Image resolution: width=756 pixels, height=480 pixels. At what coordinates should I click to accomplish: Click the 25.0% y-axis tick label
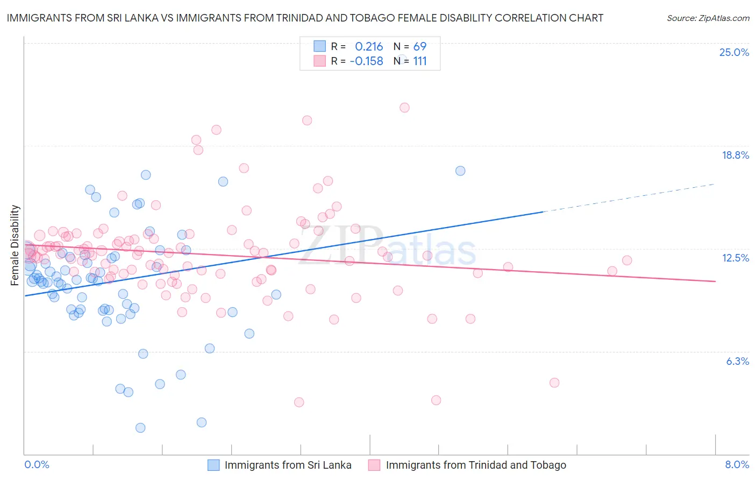pyautogui.click(x=734, y=52)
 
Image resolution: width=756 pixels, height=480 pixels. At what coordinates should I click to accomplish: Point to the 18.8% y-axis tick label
pyautogui.click(x=735, y=155)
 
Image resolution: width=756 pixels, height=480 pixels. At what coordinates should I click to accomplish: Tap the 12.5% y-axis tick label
pyautogui.click(x=735, y=258)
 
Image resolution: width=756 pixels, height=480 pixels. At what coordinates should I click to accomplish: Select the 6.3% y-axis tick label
pyautogui.click(x=737, y=361)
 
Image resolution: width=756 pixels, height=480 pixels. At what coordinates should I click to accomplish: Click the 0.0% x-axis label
pyautogui.click(x=37, y=465)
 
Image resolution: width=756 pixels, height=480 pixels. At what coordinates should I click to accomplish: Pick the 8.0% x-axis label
pyautogui.click(x=737, y=465)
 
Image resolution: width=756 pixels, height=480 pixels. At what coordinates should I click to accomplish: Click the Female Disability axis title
pyautogui.click(x=15, y=245)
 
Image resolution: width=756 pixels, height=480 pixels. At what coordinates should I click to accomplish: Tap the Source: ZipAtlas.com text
pyautogui.click(x=708, y=18)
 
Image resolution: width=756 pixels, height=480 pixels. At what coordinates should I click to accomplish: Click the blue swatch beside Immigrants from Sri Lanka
pyautogui.click(x=213, y=465)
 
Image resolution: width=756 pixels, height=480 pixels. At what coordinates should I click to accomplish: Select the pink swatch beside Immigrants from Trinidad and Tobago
pyautogui.click(x=374, y=465)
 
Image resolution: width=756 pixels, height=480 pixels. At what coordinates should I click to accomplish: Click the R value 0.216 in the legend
pyautogui.click(x=369, y=46)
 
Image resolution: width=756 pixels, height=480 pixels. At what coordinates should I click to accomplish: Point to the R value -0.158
pyautogui.click(x=366, y=61)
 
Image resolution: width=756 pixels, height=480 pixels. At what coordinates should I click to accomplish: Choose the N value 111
pyautogui.click(x=420, y=61)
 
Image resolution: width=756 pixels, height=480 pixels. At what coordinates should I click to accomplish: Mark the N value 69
pyautogui.click(x=419, y=46)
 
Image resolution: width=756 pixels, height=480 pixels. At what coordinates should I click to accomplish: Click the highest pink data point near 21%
pyautogui.click(x=404, y=108)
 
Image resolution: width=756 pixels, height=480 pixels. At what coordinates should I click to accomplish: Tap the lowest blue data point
pyautogui.click(x=140, y=428)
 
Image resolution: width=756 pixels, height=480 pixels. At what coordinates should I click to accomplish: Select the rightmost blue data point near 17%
pyautogui.click(x=460, y=171)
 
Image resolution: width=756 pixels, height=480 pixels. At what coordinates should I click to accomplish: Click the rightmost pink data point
pyautogui.click(x=627, y=260)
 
